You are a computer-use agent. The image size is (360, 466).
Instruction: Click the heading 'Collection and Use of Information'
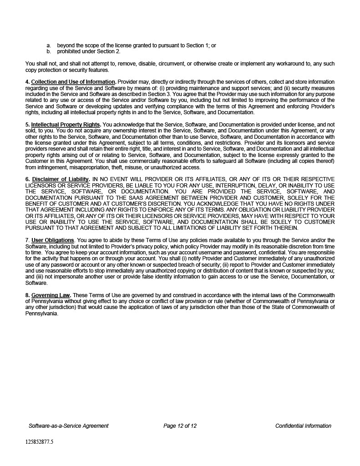[x=73, y=82]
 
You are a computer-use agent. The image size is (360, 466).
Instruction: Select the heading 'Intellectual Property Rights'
[x=66, y=124]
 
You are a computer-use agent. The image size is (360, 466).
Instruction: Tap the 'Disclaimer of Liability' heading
[x=61, y=179]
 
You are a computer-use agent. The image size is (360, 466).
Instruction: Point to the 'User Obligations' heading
[x=52, y=240]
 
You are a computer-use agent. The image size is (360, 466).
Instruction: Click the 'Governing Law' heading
[x=51, y=295]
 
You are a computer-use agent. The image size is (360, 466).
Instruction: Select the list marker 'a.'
[x=49, y=46]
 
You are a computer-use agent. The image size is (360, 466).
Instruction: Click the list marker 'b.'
[x=49, y=51]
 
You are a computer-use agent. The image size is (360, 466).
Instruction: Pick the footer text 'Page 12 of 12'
[x=180, y=426]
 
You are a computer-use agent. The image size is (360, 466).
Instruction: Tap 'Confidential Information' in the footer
[x=303, y=426]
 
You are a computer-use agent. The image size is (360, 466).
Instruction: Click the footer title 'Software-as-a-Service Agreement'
[x=68, y=426]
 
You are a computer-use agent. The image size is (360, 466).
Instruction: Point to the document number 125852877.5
[x=39, y=441]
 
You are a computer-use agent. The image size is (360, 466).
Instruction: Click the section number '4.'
[x=27, y=82]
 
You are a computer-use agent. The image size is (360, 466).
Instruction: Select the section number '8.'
[x=27, y=295]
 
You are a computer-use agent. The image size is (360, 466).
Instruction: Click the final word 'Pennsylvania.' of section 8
[x=42, y=314]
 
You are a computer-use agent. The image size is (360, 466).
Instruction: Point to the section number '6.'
[x=27, y=179]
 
